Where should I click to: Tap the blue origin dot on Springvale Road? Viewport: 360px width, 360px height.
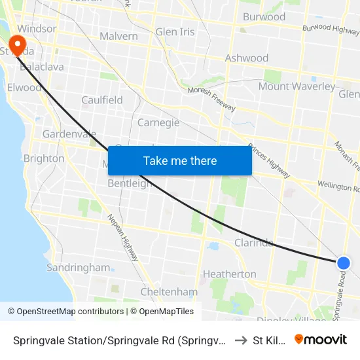coord(344,263)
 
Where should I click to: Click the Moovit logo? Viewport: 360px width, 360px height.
coord(321,339)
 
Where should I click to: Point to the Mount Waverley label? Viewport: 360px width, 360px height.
coord(297,86)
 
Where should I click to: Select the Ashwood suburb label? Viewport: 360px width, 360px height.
coord(247,58)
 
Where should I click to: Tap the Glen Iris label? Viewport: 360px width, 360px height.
coord(175,32)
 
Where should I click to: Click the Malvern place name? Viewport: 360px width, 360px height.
coord(118,37)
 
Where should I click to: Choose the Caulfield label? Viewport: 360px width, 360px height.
coord(102,100)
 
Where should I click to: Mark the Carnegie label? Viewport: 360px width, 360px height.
coord(158,122)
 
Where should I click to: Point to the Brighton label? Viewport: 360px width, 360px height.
coord(44,158)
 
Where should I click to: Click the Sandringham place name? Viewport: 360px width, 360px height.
coord(78,267)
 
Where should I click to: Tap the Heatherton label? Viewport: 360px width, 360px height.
coord(229,274)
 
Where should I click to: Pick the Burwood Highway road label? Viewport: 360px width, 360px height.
coord(331,29)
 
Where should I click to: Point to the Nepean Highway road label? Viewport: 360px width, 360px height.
coord(123,238)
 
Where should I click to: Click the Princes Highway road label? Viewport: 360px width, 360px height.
coord(269,161)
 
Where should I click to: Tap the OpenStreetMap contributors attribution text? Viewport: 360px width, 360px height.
coord(68,312)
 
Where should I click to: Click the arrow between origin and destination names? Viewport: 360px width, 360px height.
coord(240,340)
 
